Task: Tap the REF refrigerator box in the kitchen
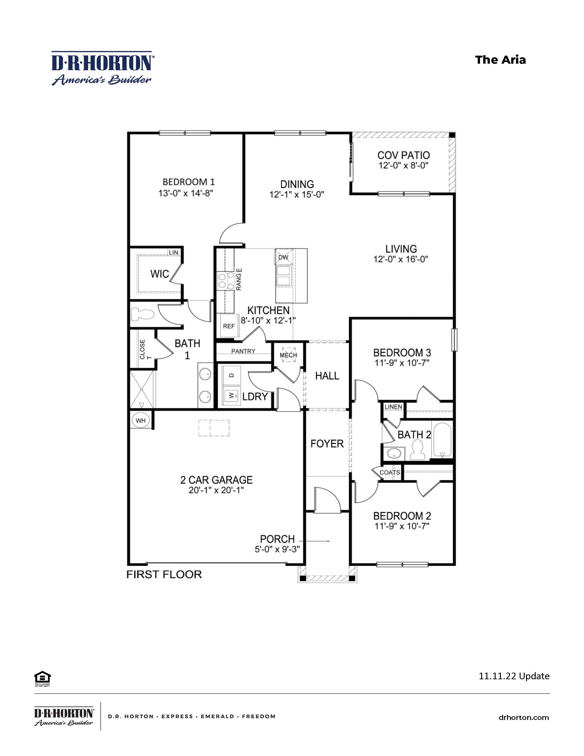pyautogui.click(x=229, y=326)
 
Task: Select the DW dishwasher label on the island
pyautogui.click(x=283, y=257)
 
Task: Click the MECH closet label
pyautogui.click(x=288, y=355)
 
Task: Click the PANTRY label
pyautogui.click(x=243, y=351)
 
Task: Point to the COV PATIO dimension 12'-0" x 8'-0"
pyautogui.click(x=403, y=165)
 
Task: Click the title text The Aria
pyautogui.click(x=500, y=60)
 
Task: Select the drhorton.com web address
pyautogui.click(x=524, y=718)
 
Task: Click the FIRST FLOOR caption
pyautogui.click(x=164, y=575)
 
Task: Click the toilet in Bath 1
pyautogui.click(x=142, y=314)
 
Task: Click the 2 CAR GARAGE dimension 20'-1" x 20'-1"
pyautogui.click(x=216, y=490)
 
